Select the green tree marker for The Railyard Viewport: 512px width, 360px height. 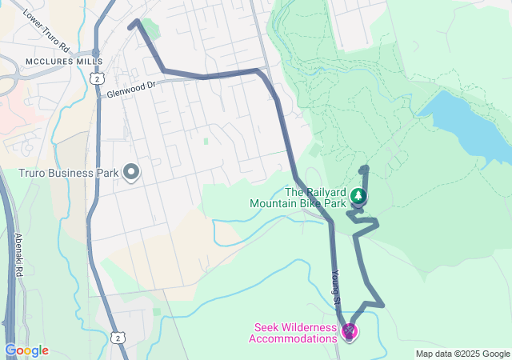(359, 196)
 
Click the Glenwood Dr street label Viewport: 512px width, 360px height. (131, 89)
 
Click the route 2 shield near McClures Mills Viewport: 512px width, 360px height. (95, 78)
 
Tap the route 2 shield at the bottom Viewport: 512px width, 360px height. (118, 339)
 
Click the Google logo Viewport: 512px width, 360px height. (26, 350)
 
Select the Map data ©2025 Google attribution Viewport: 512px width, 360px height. (462, 354)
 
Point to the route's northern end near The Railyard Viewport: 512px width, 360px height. (364, 170)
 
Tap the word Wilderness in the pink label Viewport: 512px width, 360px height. (312, 327)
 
